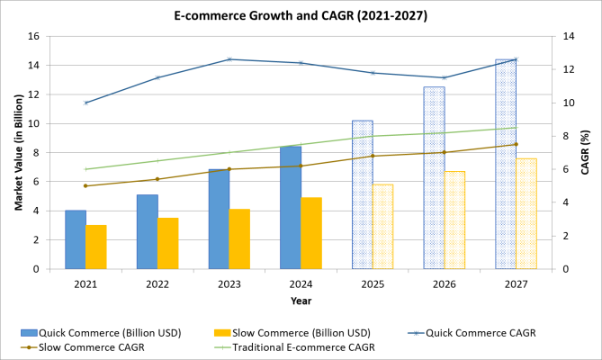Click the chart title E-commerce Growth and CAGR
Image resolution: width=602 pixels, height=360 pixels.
pyautogui.click(x=301, y=15)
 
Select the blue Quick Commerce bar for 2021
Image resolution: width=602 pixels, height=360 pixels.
pyautogui.click(x=76, y=239)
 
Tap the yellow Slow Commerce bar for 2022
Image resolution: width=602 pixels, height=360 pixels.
pyautogui.click(x=167, y=243)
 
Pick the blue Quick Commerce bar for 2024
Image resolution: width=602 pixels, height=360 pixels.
pyautogui.click(x=291, y=208)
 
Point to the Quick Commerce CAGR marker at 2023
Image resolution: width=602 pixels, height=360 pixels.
pyautogui.click(x=229, y=59)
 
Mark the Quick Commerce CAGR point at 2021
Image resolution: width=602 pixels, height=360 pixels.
pyautogui.click(x=85, y=103)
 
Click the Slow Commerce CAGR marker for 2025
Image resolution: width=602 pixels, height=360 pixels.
pyautogui.click(x=373, y=156)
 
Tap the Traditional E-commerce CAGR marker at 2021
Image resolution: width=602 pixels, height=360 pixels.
pyautogui.click(x=85, y=169)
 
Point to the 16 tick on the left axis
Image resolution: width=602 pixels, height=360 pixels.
pyautogui.click(x=33, y=37)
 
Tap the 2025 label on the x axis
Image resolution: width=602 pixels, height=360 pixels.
pyautogui.click(x=373, y=283)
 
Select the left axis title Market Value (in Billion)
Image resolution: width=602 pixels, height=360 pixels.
pyautogui.click(x=17, y=153)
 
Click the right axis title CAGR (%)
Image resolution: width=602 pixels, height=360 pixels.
pyautogui.click(x=585, y=153)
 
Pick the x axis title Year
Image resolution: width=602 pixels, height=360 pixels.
pyautogui.click(x=301, y=301)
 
